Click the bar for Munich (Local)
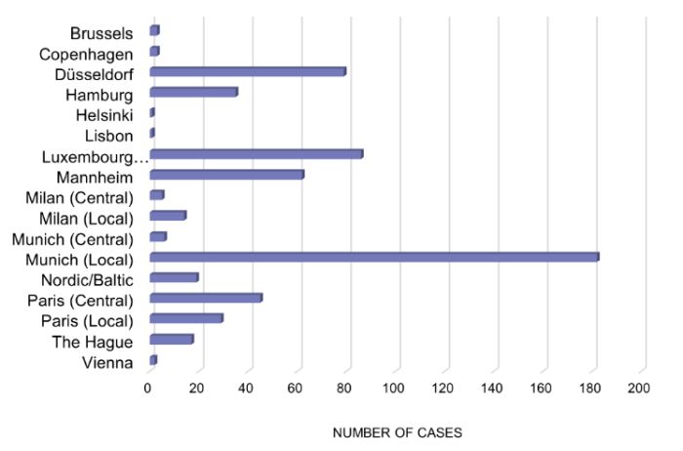coord(374,257)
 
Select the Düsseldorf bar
coord(248,71)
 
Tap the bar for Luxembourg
coord(257,153)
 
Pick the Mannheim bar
coord(226,175)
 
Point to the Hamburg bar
coord(193,92)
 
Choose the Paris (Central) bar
coord(206,298)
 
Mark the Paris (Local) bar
coord(186,318)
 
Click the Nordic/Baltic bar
coord(174,277)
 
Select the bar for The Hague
coord(172,339)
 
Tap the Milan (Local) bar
coord(168,215)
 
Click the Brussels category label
coord(101,33)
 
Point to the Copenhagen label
coord(86,54)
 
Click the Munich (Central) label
coord(72,238)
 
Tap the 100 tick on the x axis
coord(394,389)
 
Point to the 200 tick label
coord(639,389)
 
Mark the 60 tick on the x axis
coord(297,389)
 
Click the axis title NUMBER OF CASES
coord(397,431)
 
